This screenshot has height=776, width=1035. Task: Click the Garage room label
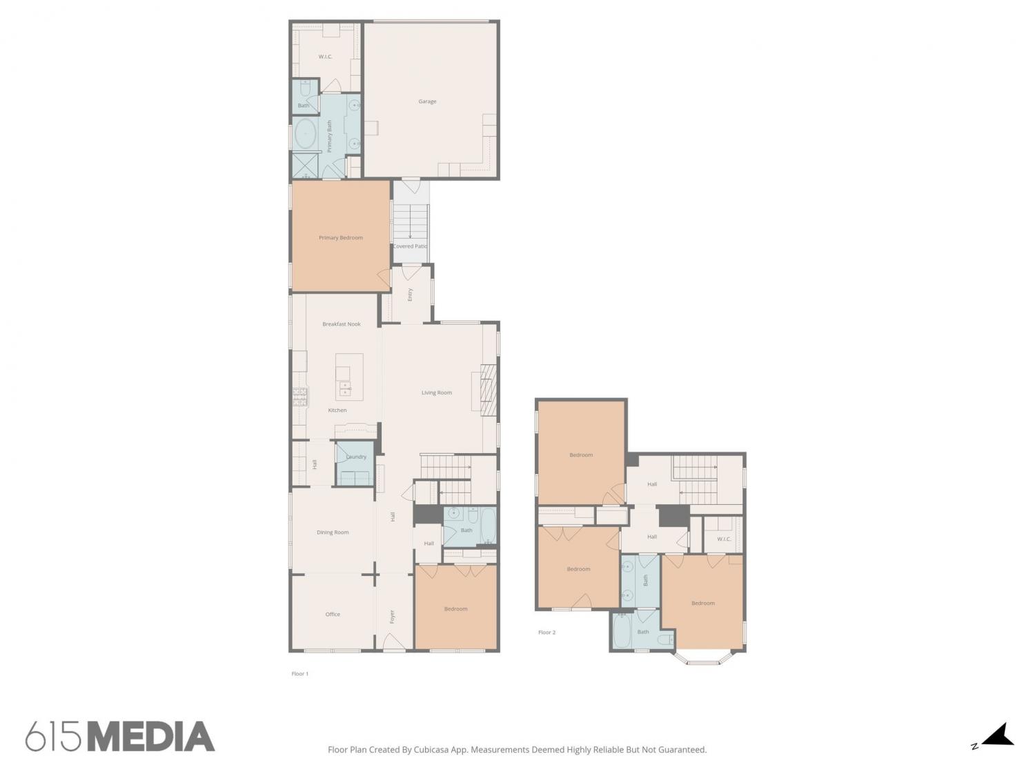427,101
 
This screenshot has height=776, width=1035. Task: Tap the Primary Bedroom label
340,238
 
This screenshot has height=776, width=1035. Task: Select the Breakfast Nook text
342,324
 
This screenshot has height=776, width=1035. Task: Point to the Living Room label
437,392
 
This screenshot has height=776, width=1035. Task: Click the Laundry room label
356,457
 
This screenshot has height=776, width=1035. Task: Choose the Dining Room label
333,533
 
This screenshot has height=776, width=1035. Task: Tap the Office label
333,615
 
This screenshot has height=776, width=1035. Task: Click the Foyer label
392,617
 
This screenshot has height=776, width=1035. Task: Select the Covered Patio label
411,246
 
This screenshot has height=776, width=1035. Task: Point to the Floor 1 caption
300,674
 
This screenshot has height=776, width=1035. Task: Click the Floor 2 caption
547,633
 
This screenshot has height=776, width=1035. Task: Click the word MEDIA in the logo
151,736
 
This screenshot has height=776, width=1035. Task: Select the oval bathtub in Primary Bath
306,134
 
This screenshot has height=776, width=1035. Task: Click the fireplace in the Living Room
488,390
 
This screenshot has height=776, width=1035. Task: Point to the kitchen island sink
346,389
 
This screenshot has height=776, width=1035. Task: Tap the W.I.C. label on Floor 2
723,539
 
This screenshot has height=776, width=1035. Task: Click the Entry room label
411,295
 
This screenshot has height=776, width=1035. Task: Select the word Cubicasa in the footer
431,750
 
